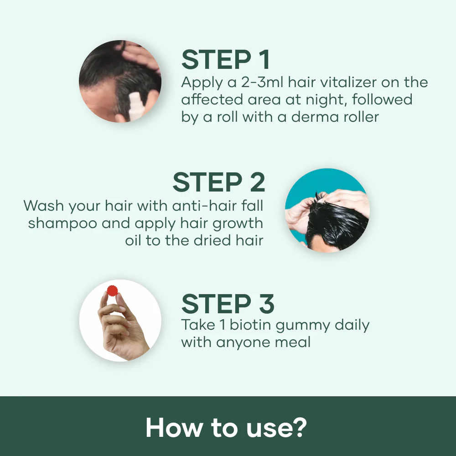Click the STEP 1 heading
point(226,60)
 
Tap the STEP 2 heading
point(218,183)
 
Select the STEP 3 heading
point(228,303)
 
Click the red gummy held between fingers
point(112,290)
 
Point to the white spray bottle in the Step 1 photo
point(136,106)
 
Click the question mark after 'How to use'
point(300,427)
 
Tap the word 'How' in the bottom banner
point(173,427)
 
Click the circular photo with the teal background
point(327,210)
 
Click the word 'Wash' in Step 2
point(44,206)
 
